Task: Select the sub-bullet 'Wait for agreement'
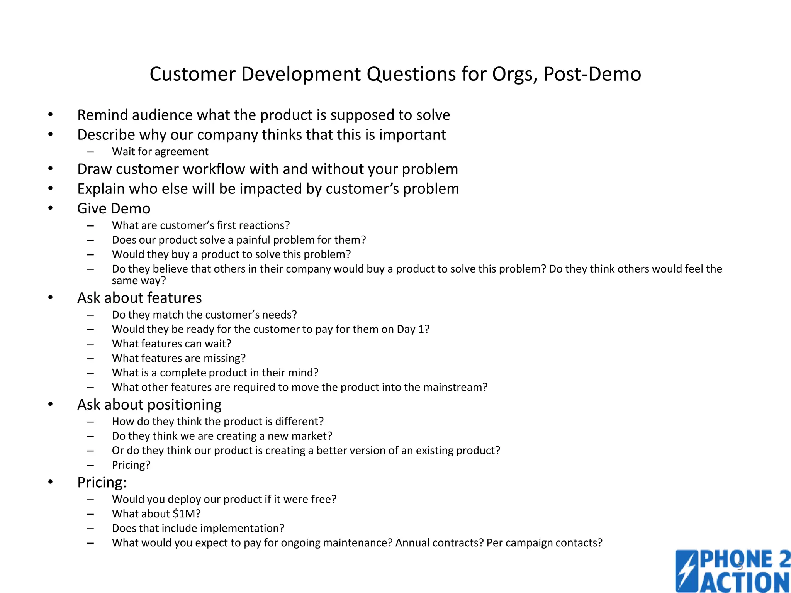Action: point(160,151)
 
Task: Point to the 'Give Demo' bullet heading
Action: point(114,208)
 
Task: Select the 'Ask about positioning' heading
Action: point(149,405)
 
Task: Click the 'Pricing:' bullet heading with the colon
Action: point(102,483)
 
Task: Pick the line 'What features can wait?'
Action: point(171,344)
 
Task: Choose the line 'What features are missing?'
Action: point(178,358)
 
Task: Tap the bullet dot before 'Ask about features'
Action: point(50,298)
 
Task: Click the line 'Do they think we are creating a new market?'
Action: point(222,436)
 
